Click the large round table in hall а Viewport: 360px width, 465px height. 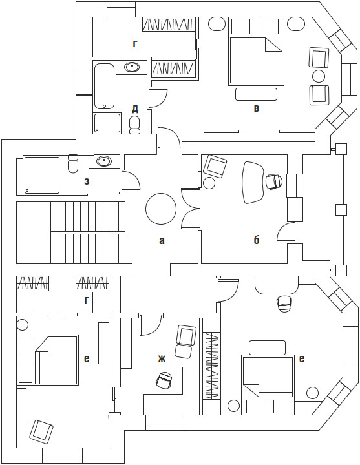pos(160,209)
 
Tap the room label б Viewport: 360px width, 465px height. pos(257,240)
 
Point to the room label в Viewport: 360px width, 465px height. pos(257,108)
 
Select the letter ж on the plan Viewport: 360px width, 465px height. pos(161,359)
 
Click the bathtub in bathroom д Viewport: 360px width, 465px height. pos(104,87)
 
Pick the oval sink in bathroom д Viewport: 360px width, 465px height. pos(132,67)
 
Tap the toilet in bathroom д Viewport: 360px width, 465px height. pos(135,125)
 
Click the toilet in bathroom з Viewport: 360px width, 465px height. pos(73,163)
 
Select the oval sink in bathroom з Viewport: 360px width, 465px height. pos(104,161)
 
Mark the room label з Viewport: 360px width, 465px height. pos(87,181)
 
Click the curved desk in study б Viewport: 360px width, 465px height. pos(253,182)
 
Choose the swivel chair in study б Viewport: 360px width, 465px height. pos(273,181)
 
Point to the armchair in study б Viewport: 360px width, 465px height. pos(215,166)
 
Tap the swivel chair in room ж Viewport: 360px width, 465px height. pos(165,380)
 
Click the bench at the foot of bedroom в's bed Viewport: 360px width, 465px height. pos(256,94)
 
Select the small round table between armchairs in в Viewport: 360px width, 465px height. pos(319,76)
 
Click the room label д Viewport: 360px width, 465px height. pos(135,109)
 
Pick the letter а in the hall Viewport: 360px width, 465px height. pos(162,240)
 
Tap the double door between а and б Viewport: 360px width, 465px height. pos(190,208)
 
